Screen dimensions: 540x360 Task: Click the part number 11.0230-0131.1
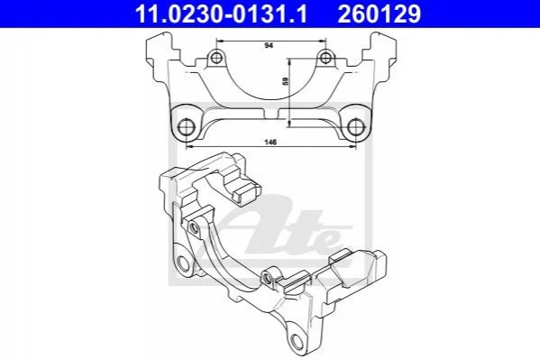click(221, 14)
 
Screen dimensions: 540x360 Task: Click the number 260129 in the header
click(380, 14)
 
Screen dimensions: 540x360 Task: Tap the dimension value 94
click(269, 45)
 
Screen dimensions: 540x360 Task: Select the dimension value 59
click(285, 81)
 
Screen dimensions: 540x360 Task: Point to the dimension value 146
click(270, 142)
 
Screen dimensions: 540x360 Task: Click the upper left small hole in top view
click(216, 58)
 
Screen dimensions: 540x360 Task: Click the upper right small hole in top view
click(325, 57)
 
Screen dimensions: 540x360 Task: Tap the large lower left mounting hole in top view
click(187, 127)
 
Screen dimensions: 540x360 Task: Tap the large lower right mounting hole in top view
click(355, 127)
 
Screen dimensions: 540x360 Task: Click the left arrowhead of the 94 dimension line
click(219, 41)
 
